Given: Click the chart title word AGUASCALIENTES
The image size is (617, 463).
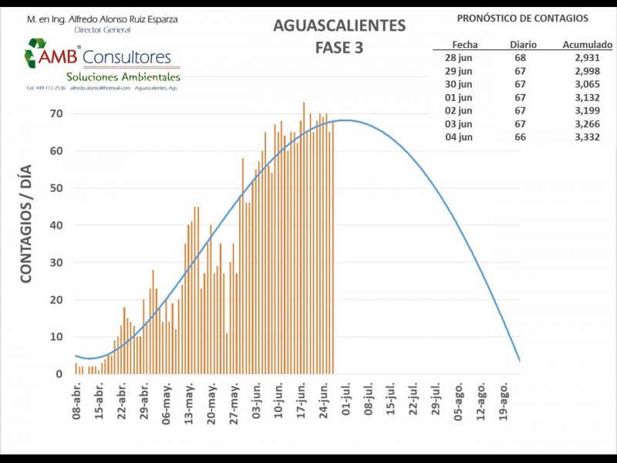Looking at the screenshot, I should tap(339, 25).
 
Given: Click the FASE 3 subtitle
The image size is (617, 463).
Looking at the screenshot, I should tap(339, 47).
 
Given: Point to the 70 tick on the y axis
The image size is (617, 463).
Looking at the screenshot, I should tap(56, 113).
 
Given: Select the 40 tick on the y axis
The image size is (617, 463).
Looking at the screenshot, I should tap(56, 225).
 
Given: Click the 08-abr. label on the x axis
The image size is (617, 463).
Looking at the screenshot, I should tap(76, 401).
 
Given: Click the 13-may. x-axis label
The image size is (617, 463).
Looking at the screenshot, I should tap(189, 401).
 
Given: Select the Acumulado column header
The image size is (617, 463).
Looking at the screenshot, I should tap(588, 46).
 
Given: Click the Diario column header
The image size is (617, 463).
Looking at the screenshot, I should tap(523, 46).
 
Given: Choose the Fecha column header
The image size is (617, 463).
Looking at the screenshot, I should tap(464, 46).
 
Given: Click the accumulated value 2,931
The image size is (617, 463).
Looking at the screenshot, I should tap(588, 58).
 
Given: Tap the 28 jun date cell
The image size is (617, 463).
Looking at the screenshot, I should tap(460, 58).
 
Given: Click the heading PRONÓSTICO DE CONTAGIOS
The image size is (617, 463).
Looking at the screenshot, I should tap(522, 18).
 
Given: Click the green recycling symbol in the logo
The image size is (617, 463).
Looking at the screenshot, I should tap(35, 53).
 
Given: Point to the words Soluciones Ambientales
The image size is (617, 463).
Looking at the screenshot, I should tap(123, 77).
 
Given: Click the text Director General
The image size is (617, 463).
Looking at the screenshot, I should tap(103, 29).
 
